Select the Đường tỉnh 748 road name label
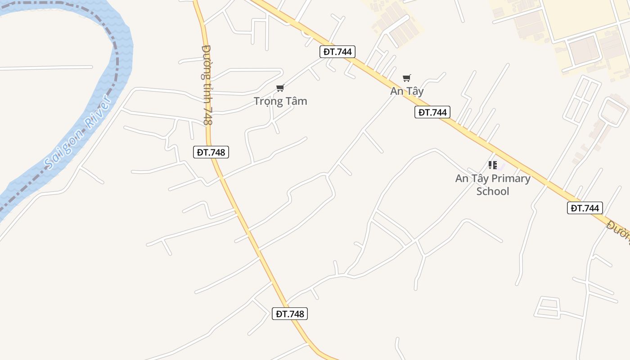pos(207,85)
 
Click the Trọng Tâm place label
pos(280,101)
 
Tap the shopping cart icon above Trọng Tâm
pos(280,88)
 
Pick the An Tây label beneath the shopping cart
pos(407,91)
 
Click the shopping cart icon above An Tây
pos(407,78)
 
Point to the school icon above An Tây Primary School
pos(493,165)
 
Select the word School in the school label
pos(493,191)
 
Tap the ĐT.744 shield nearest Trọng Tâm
pos(337,52)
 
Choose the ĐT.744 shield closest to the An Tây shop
pos(432,112)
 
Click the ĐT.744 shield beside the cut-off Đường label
pos(585,208)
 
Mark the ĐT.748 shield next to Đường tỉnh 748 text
pos(211,152)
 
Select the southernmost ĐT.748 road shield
pos(290,314)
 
